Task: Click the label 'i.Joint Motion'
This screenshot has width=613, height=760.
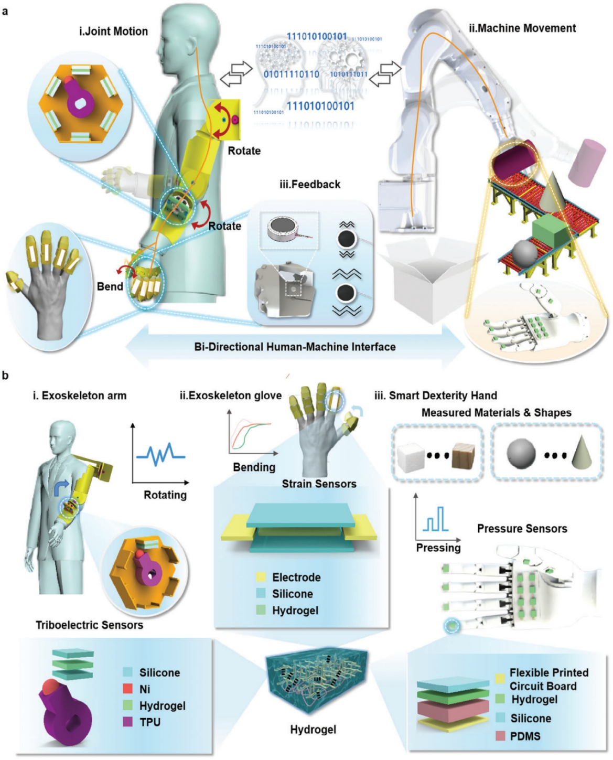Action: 113,31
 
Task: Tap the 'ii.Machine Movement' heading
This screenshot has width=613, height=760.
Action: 522,28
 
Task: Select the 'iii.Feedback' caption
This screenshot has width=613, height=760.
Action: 309,184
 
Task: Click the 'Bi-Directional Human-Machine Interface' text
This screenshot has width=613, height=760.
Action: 295,347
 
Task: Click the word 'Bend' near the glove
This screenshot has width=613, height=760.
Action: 110,286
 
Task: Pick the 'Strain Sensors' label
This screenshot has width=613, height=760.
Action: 319,484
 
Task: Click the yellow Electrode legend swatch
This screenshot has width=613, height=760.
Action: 261,577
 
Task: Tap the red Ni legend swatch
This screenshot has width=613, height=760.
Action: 128,689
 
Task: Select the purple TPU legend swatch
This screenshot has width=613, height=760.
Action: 128,722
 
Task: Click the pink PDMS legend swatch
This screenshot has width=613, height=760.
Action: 500,736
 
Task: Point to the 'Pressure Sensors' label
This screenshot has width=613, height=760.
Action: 522,529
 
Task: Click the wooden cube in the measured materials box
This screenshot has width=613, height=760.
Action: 463,455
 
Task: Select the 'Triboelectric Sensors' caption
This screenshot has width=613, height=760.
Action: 89,625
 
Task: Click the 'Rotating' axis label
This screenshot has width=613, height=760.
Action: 165,495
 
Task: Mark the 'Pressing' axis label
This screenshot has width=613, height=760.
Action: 438,548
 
